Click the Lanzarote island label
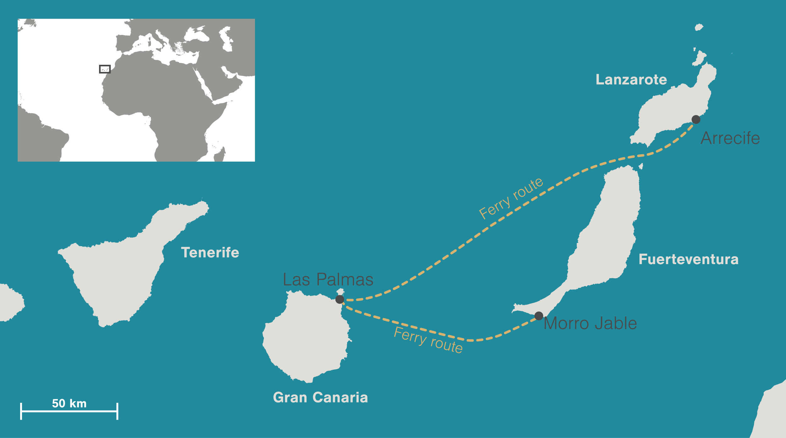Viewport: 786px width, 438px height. [x=631, y=80]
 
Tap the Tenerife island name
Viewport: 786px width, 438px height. [x=210, y=252]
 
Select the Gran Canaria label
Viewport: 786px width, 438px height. [x=320, y=397]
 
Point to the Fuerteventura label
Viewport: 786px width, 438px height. [x=689, y=259]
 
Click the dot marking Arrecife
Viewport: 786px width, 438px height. [x=696, y=119]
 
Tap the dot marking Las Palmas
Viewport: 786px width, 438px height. [x=340, y=299]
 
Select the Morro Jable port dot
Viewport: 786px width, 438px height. [x=539, y=316]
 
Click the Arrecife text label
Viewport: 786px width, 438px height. [x=730, y=138]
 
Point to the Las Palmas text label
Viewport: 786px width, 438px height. [x=328, y=280]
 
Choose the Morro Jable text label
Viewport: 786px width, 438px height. [x=590, y=323]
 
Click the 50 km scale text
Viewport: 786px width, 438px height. [x=69, y=403]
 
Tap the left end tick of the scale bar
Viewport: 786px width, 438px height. [x=21, y=411]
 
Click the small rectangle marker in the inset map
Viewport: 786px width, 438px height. [x=105, y=69]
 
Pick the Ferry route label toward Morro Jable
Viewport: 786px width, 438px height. [x=428, y=340]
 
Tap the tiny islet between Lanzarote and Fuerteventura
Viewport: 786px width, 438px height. [x=641, y=166]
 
